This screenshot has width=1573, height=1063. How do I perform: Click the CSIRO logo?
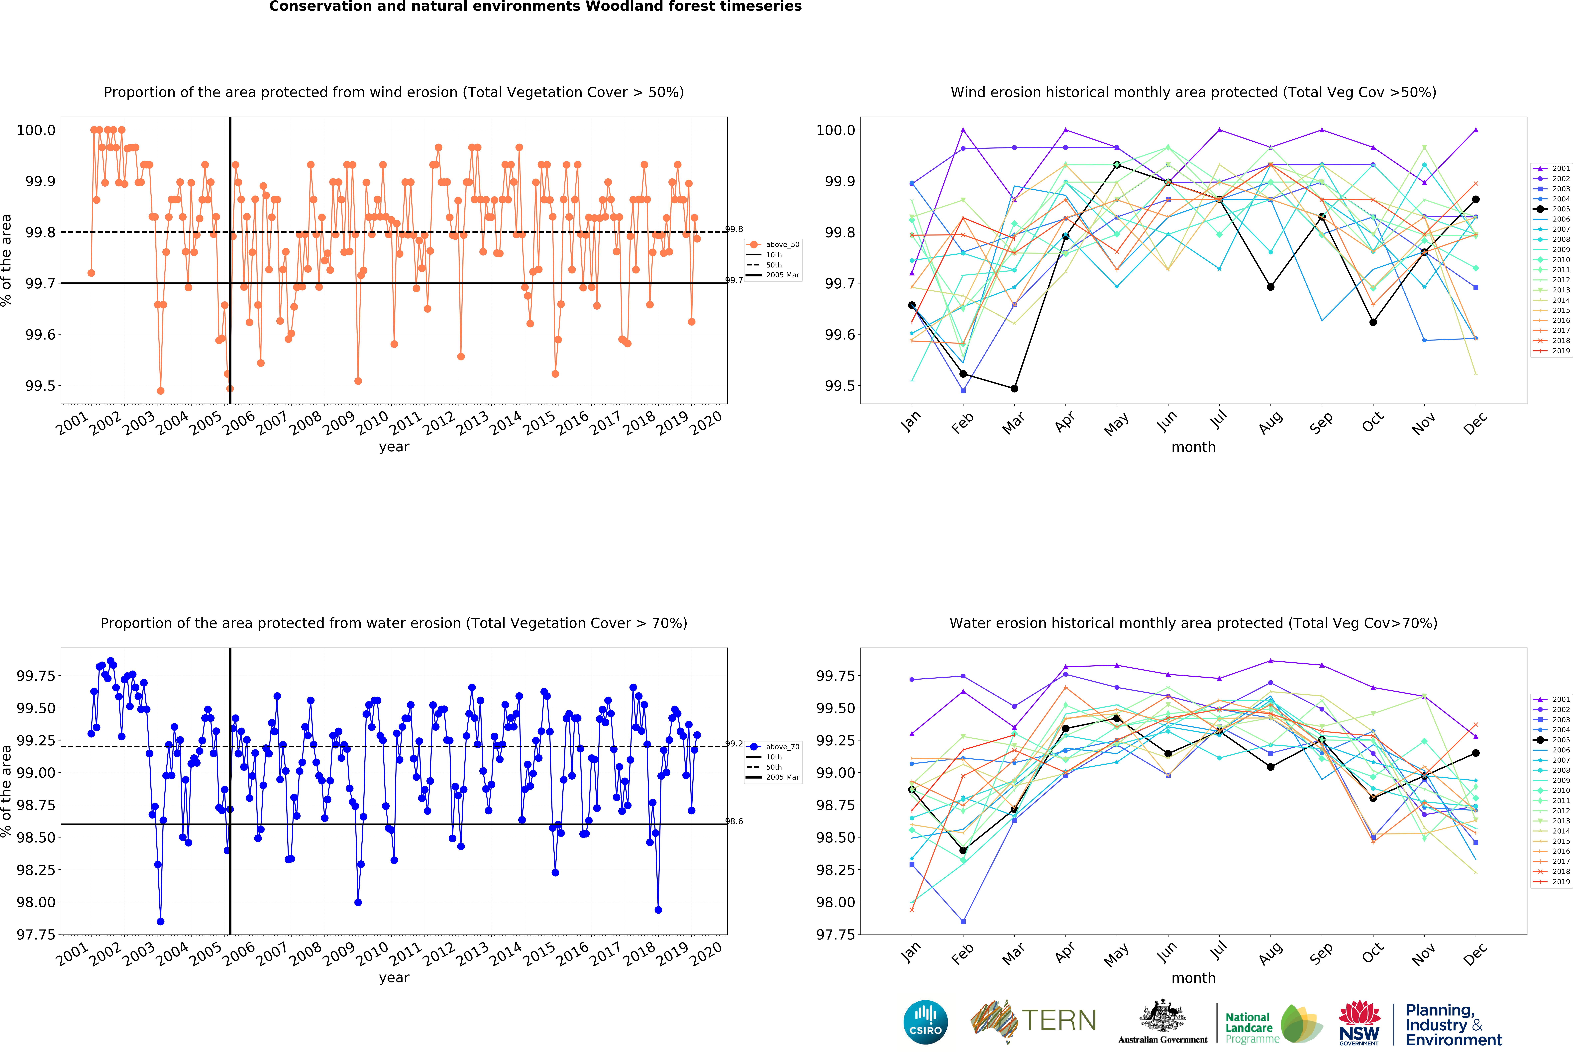pos(925,1022)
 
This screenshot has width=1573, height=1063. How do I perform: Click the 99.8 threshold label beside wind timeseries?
pos(734,230)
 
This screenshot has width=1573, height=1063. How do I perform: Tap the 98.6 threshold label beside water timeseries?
pos(734,821)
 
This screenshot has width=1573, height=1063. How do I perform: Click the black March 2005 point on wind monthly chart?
pos(1014,389)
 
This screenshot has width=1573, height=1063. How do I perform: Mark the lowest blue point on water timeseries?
pos(160,922)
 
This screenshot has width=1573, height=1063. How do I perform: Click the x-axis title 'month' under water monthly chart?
pos(1193,978)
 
